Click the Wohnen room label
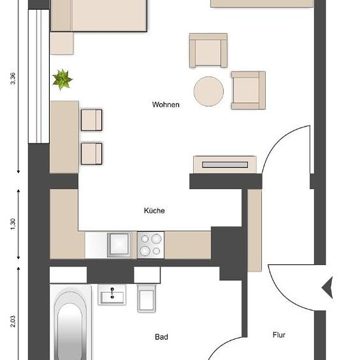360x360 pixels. [x=166, y=105]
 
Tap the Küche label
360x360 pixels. [x=154, y=211]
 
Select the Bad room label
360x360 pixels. [x=161, y=337]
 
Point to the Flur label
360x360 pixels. [x=279, y=335]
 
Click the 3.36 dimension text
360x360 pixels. [x=13, y=79]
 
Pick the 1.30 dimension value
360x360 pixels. [x=13, y=224]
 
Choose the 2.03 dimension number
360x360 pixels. [x=13, y=321]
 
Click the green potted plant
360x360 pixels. [x=62, y=79]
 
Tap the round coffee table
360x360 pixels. [x=208, y=92]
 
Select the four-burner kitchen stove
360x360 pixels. [x=151, y=245]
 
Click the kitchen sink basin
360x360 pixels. [x=119, y=245]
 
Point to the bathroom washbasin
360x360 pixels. [x=112, y=295]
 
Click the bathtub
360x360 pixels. [x=71, y=322]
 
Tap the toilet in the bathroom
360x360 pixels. [x=147, y=298]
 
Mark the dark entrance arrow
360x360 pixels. [x=327, y=288]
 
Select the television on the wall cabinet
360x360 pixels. [x=225, y=164]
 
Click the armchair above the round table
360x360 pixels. [x=208, y=50]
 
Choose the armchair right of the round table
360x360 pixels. [x=249, y=90]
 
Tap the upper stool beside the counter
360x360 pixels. [x=92, y=120]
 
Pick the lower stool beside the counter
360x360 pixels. [x=92, y=154]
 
